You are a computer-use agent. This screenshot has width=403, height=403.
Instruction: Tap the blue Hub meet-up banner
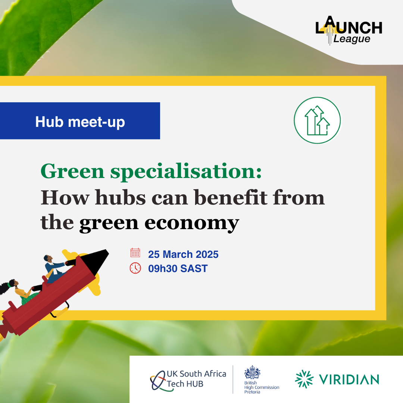click(x=80, y=121)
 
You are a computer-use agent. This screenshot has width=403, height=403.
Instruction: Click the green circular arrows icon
click(x=317, y=120)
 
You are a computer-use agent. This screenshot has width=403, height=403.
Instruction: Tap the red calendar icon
click(x=135, y=253)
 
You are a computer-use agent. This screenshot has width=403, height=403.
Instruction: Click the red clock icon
click(x=135, y=268)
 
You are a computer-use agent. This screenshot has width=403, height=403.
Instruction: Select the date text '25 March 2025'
click(x=183, y=254)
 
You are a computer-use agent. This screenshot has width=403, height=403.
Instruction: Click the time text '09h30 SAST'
click(x=178, y=268)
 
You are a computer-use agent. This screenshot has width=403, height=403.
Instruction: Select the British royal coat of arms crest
click(x=252, y=372)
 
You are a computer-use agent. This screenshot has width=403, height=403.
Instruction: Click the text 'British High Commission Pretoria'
click(x=261, y=387)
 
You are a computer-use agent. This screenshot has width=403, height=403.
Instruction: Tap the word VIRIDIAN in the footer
click(x=349, y=379)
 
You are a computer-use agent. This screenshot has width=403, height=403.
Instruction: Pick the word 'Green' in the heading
click(x=72, y=171)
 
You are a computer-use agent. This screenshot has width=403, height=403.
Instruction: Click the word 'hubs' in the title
click(x=120, y=197)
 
